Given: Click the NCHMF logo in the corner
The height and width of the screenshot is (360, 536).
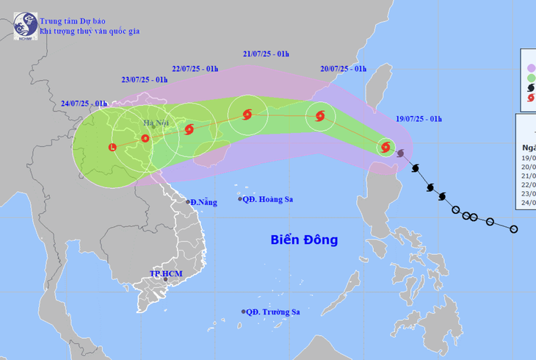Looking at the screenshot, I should tap(26, 26).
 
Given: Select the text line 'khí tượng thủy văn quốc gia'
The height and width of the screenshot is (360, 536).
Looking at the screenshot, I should tap(90, 32).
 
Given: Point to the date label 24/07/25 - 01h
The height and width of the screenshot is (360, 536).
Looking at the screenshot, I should tap(84, 104).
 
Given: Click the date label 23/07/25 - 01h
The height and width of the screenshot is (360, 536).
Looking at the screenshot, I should tap(145, 79).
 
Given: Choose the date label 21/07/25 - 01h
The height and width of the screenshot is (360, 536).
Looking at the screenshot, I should tap(266, 54).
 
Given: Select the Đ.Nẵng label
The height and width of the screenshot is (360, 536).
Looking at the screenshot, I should tap(203, 202).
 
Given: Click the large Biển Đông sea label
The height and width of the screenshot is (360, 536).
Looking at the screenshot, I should tap(304, 240).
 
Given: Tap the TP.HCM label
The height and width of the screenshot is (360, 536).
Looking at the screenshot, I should tap(165, 273).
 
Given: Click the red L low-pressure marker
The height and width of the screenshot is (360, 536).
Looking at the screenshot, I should tap(112, 148).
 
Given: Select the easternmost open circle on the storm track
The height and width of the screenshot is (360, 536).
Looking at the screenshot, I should tap(514, 229).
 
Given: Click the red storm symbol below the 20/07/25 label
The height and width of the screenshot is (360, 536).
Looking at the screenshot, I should tap(319, 115).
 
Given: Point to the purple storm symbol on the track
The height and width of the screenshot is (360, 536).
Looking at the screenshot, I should tap(400, 154).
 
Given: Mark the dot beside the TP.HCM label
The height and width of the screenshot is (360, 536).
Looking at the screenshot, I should tap(167, 279).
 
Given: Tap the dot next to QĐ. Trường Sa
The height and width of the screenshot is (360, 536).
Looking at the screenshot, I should tap(243, 312).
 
